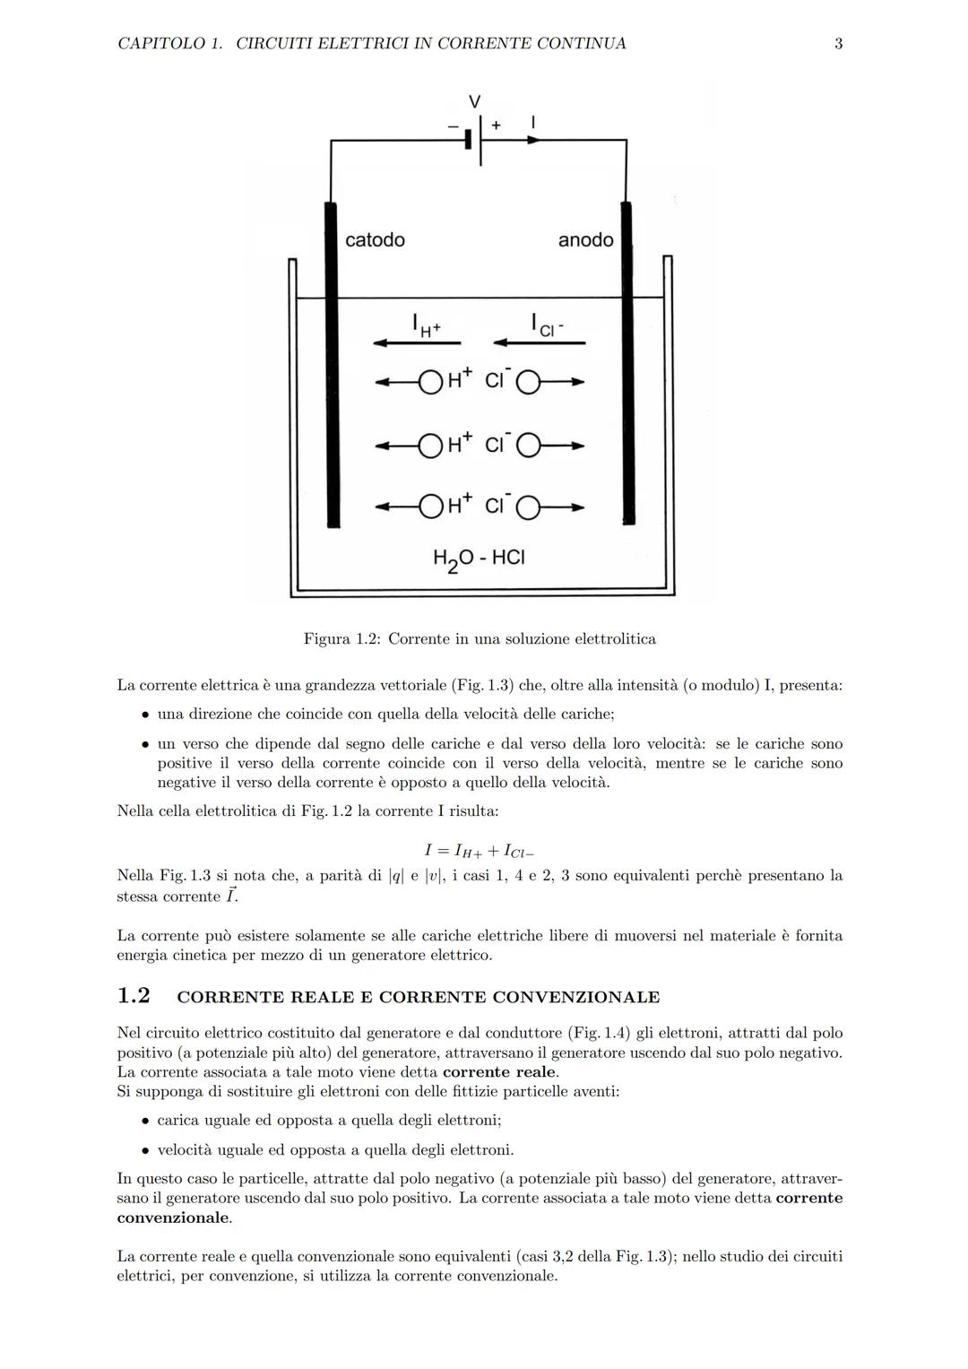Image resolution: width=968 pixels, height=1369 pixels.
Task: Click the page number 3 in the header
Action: pos(838,43)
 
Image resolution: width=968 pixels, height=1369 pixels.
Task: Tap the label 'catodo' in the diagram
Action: pos(375,239)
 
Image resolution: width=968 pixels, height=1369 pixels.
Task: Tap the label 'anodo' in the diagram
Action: pos(585,239)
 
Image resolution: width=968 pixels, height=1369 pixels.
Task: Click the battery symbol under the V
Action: pos(475,140)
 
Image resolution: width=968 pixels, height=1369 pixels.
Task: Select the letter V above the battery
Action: pos(474,101)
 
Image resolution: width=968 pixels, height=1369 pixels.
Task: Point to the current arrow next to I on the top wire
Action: pos(533,140)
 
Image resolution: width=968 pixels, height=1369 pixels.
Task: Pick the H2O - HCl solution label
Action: pos(479,558)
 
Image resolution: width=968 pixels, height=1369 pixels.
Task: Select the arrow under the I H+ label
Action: pos(417,342)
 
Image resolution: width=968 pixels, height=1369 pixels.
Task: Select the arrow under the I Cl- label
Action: pos(539,342)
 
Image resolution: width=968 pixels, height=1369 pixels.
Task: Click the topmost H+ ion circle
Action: pos(431,383)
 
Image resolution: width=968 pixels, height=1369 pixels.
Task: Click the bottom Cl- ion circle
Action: pos(528,508)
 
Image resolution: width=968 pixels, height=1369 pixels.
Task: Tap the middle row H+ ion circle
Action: pos(431,446)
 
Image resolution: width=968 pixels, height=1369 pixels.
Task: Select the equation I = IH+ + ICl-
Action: pos(479,850)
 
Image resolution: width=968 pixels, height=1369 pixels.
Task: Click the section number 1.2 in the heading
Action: pos(134,996)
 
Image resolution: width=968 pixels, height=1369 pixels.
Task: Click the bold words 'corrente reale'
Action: pos(498,1072)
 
